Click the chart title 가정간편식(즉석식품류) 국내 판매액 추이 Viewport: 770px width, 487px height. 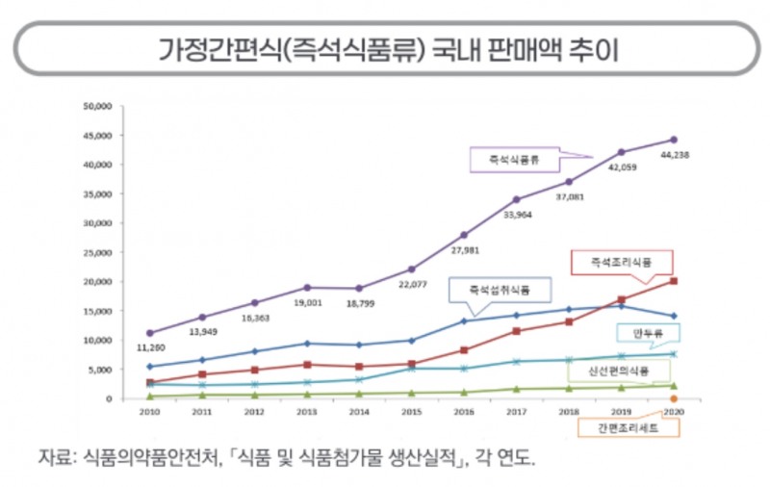click(x=385, y=47)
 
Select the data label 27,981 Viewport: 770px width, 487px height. click(x=464, y=251)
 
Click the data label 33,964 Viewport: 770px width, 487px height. click(x=517, y=216)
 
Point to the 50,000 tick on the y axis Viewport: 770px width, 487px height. click(x=100, y=106)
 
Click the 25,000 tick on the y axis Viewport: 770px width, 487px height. click(x=100, y=252)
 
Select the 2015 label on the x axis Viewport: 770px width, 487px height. click(x=411, y=410)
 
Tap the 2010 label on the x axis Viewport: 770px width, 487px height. click(x=149, y=410)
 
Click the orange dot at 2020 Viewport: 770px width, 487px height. click(x=674, y=398)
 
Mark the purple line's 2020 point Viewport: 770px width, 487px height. click(x=674, y=140)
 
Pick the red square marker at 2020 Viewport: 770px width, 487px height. click(x=674, y=281)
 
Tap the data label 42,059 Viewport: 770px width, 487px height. click(x=621, y=167)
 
